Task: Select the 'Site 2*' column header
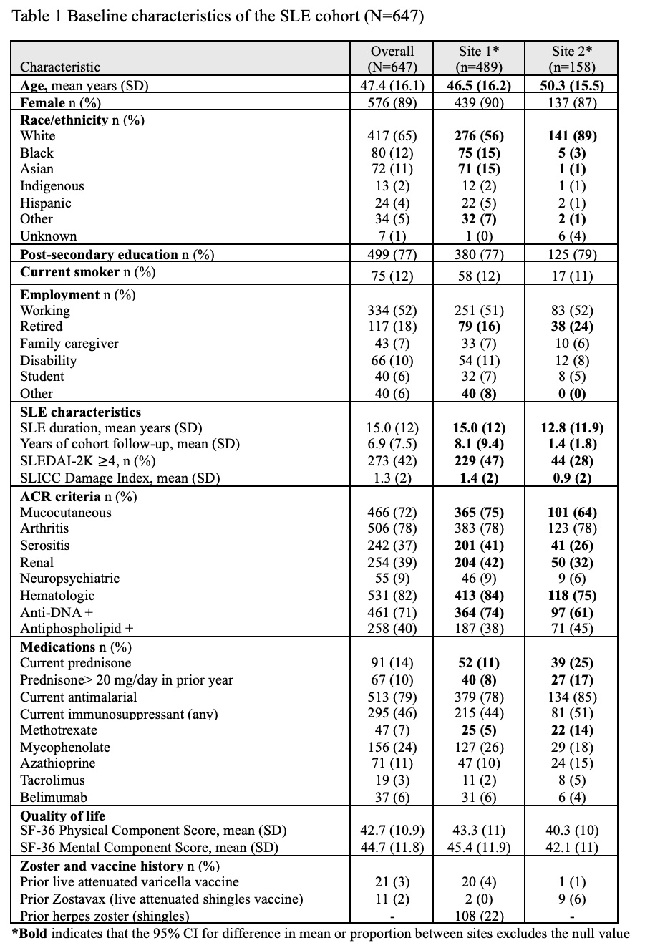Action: click(573, 51)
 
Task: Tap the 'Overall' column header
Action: click(392, 51)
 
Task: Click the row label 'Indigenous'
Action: click(52, 186)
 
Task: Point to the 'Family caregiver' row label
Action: click(69, 344)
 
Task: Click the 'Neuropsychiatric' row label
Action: click(70, 579)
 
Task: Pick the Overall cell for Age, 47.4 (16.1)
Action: click(392, 86)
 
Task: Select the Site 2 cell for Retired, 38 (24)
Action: click(573, 327)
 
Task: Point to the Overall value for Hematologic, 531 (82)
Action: click(392, 596)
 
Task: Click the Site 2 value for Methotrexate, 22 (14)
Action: click(573, 730)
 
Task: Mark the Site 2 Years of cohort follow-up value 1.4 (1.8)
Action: click(573, 445)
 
